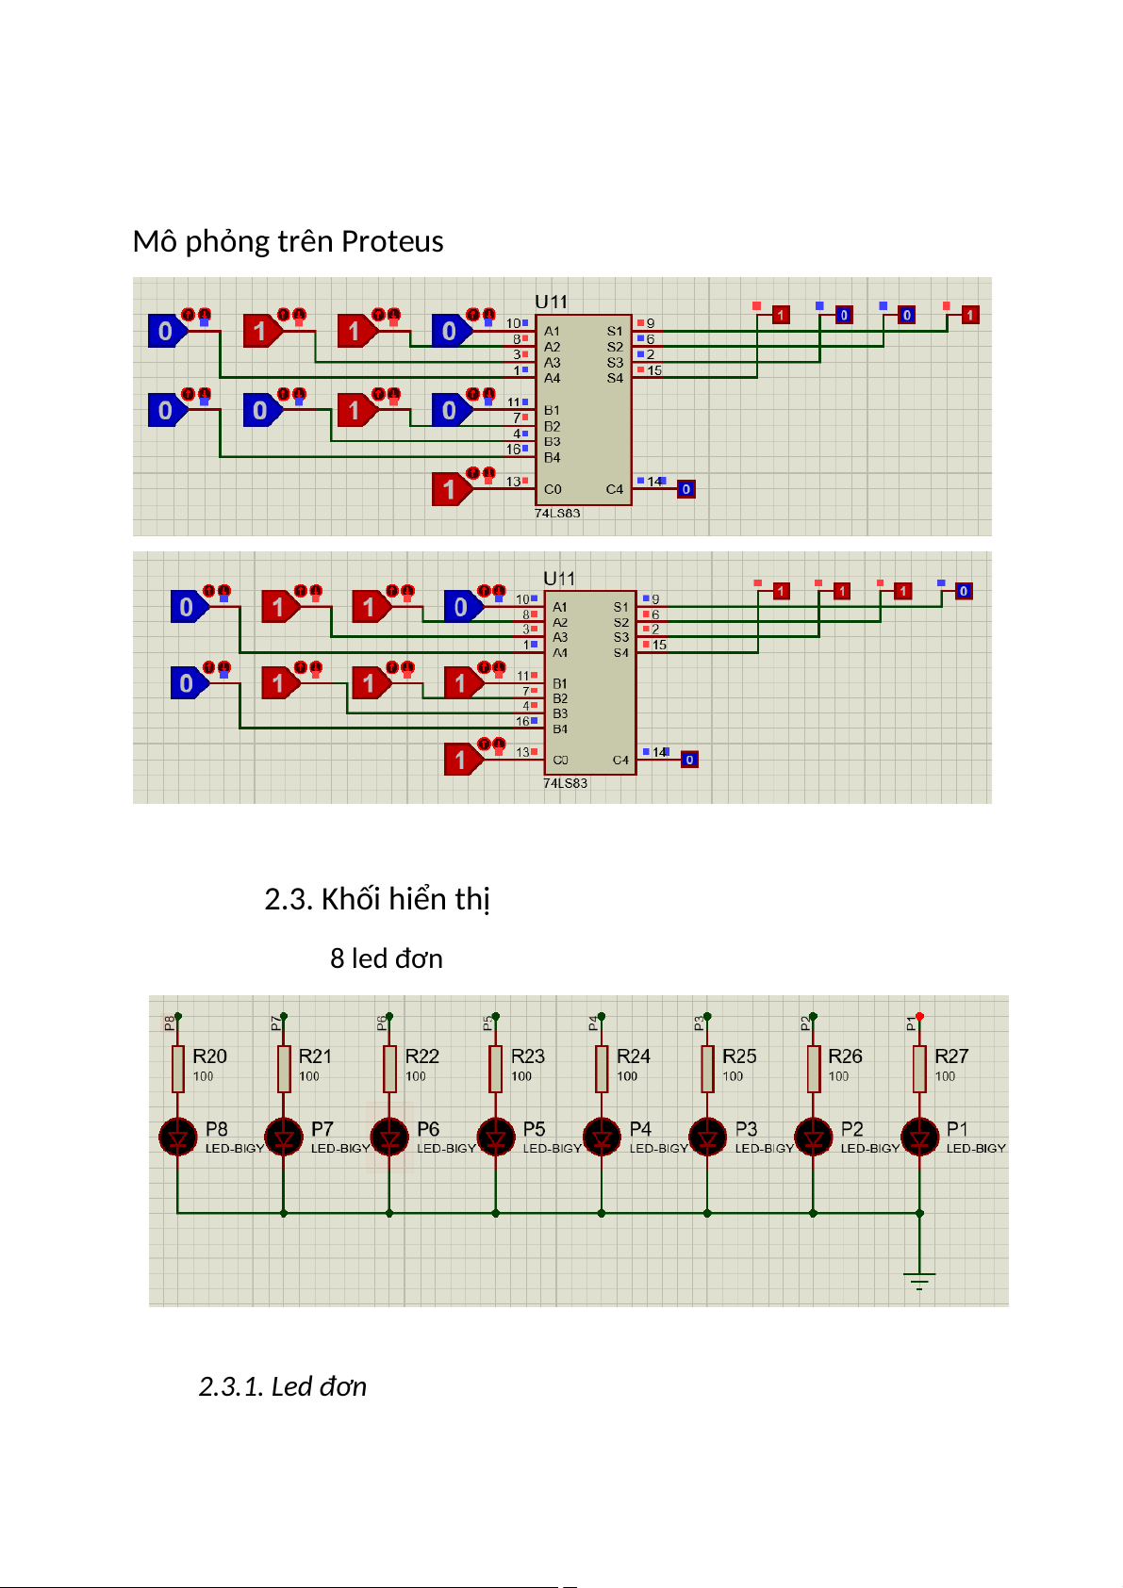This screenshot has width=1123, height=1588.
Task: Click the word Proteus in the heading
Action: [392, 242]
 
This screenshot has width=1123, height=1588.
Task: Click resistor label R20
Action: [209, 1056]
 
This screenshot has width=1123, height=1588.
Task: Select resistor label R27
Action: [951, 1056]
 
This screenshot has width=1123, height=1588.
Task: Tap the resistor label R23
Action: [528, 1056]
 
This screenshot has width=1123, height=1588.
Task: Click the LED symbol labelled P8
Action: [177, 1137]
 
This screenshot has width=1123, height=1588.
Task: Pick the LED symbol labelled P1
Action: [919, 1137]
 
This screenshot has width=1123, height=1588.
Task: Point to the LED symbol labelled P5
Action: [496, 1137]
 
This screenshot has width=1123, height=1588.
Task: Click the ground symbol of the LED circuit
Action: [919, 1281]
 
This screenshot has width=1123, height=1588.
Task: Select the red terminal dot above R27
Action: [919, 1016]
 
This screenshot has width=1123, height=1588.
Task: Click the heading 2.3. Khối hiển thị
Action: [377, 899]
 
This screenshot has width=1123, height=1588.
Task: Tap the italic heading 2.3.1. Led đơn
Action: [282, 1386]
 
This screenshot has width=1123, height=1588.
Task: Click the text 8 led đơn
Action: [387, 958]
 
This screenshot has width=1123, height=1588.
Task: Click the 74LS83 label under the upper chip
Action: [557, 514]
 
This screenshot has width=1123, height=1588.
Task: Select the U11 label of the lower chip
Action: [559, 578]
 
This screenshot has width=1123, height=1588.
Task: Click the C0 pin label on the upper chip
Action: [553, 489]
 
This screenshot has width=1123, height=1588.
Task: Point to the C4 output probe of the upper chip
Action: [686, 489]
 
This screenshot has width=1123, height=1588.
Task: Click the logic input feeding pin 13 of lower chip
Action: [461, 759]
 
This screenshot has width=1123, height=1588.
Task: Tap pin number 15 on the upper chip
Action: [654, 370]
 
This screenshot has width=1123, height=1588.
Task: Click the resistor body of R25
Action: [708, 1069]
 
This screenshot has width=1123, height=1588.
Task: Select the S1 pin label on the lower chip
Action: [620, 607]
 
